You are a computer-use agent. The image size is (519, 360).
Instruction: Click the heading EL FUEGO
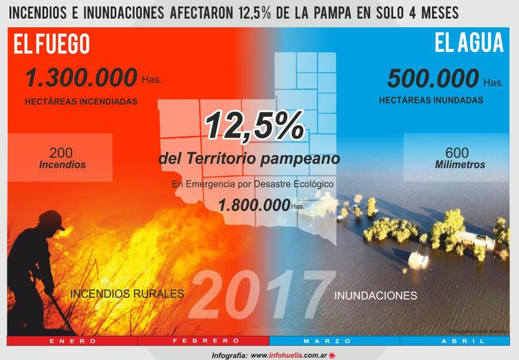[x=51, y=44]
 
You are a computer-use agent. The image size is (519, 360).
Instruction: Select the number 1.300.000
[x=81, y=78]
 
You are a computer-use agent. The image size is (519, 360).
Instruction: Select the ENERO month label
[x=72, y=341]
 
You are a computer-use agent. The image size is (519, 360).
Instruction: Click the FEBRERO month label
[x=203, y=341]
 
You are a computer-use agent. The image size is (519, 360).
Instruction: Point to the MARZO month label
[x=333, y=341]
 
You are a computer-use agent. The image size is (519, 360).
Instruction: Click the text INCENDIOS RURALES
[x=127, y=294]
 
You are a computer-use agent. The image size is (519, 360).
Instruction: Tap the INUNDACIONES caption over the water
[x=376, y=296]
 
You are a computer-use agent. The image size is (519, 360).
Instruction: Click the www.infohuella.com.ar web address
[x=289, y=355]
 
